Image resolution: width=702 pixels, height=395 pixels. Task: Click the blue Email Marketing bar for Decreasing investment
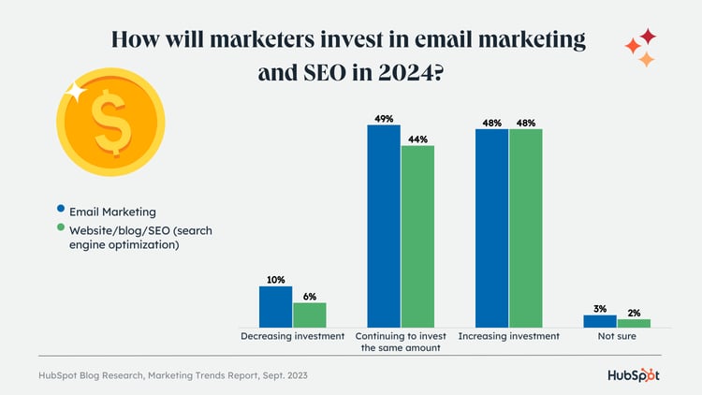coord(275,306)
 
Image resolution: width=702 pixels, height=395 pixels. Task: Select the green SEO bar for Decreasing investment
coord(309,315)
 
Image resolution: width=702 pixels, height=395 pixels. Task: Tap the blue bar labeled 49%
coord(384,226)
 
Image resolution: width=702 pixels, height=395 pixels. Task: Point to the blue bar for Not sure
coord(600,321)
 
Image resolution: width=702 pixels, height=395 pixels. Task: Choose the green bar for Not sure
coord(634,323)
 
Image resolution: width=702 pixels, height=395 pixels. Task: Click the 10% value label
coord(275,279)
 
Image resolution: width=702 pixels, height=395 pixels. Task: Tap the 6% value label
coord(310,296)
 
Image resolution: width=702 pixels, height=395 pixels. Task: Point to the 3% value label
coord(600,308)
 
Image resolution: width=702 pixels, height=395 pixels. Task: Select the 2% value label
coord(634,314)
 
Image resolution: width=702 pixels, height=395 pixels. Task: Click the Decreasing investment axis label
coord(292,336)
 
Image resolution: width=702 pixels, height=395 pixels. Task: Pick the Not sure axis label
coord(617,336)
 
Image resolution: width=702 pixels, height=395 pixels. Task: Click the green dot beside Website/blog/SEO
coord(61,228)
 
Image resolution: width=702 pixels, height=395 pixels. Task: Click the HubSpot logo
coord(632,375)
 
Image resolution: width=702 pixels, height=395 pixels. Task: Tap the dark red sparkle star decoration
coord(647,37)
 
